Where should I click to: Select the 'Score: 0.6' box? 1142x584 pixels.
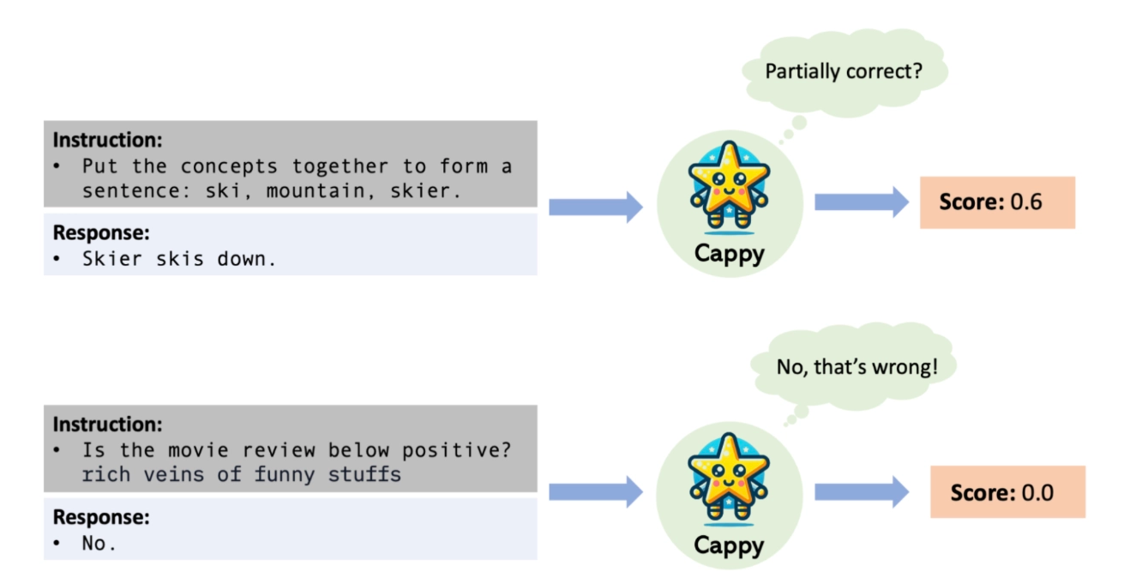tap(996, 202)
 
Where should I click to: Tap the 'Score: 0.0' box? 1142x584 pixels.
tap(1007, 492)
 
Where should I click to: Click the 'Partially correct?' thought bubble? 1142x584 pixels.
tap(844, 72)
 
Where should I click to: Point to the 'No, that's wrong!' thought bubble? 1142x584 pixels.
tap(856, 367)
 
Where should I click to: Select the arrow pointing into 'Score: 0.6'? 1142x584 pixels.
tap(861, 202)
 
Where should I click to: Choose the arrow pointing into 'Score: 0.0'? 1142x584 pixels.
tap(861, 492)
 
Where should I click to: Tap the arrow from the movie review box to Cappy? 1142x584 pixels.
tap(595, 492)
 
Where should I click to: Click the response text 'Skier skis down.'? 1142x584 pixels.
tap(179, 259)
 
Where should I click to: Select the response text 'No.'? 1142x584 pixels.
tap(99, 543)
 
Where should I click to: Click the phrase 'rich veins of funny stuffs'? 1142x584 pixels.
tap(241, 474)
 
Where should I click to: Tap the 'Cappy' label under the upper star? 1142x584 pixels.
tap(729, 255)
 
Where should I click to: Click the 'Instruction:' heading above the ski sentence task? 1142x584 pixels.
tap(108, 140)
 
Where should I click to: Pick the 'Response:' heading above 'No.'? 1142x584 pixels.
tap(101, 517)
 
